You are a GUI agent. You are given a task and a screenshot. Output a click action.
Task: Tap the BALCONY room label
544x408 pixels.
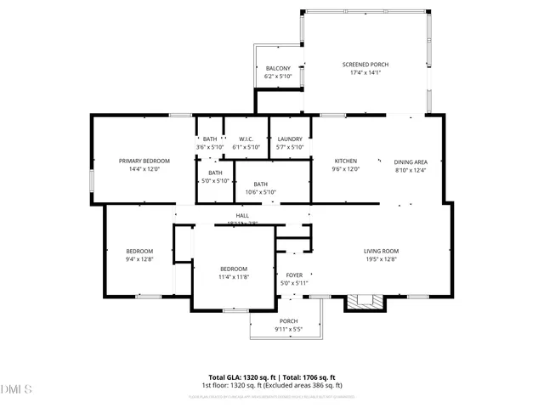click(278, 69)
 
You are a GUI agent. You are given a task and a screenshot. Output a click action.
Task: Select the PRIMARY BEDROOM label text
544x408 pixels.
click(144, 161)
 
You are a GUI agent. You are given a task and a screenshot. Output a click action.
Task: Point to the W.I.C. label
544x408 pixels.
click(247, 139)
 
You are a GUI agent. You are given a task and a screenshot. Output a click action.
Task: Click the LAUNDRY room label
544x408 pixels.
click(290, 139)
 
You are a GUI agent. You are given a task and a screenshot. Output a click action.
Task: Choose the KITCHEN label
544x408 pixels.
click(345, 161)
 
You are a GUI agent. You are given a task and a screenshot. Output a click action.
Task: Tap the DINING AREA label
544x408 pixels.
click(410, 161)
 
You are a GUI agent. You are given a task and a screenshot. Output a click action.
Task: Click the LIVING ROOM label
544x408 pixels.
click(382, 251)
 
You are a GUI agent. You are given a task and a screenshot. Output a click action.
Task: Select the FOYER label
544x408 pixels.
click(294, 275)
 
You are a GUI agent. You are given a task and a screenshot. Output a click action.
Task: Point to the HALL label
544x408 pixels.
click(242, 216)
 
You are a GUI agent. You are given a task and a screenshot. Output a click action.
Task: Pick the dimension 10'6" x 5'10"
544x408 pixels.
click(260, 191)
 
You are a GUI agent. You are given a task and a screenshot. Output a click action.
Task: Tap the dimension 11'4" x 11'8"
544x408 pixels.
click(234, 277)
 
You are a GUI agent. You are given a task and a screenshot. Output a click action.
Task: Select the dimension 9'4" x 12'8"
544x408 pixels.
click(139, 258)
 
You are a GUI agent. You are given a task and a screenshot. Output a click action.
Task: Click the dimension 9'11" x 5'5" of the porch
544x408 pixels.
click(288, 329)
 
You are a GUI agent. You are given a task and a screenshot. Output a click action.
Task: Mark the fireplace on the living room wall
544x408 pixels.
click(365, 300)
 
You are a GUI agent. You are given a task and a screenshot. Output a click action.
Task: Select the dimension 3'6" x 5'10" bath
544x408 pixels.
click(209, 147)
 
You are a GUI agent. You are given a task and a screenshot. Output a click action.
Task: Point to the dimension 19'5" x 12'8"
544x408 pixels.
click(382, 259)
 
